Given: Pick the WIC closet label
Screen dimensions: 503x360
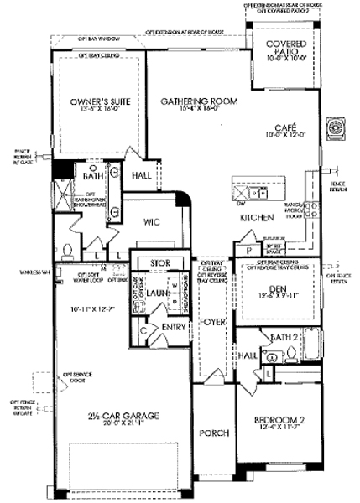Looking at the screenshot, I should click(x=152, y=222).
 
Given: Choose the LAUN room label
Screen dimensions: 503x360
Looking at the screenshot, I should click(x=161, y=293).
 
